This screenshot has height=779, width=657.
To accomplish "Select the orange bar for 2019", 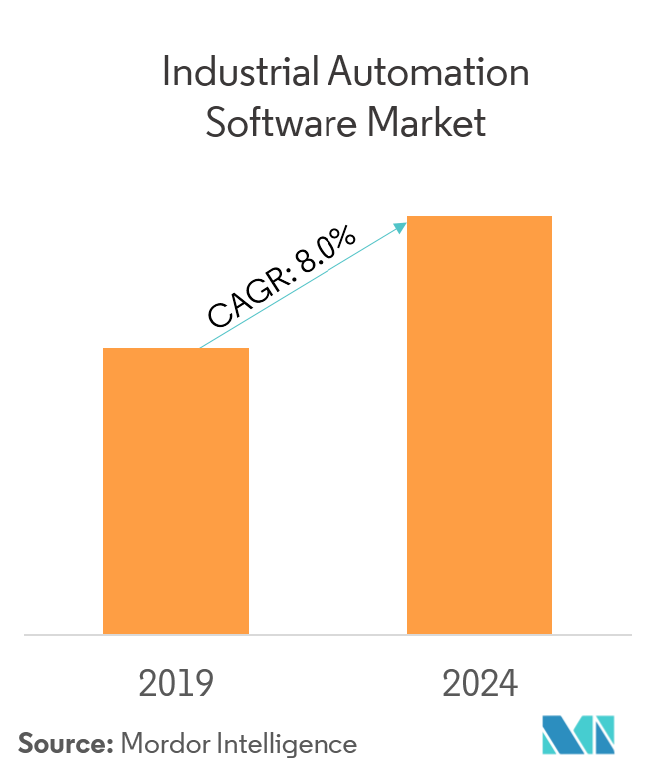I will (176, 490).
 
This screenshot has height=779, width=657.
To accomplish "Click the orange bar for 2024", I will (479, 424).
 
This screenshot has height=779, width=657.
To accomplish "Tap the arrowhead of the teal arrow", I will (402, 226).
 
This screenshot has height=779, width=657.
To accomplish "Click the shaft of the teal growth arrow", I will (300, 287).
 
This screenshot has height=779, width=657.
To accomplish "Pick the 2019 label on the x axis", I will (176, 684).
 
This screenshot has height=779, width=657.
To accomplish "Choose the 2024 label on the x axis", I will (480, 684).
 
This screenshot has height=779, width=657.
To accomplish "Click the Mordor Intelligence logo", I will (579, 735).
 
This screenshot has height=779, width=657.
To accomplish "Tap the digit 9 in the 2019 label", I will (204, 684).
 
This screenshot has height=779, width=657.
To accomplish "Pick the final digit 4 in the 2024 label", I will (508, 684).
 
